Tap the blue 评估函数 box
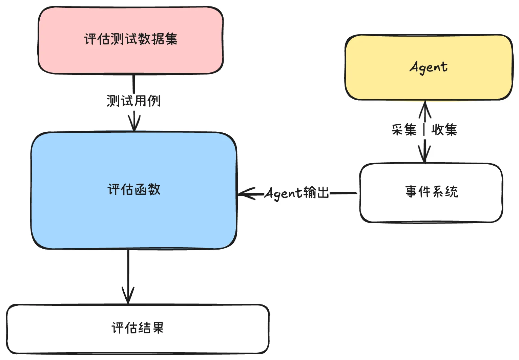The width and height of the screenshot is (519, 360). click(x=134, y=217)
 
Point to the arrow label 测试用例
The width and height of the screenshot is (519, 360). click(x=133, y=101)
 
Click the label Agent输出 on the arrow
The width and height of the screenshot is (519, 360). click(x=297, y=193)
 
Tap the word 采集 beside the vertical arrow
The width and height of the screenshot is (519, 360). click(x=404, y=130)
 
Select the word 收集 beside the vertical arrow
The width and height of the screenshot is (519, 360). click(x=444, y=130)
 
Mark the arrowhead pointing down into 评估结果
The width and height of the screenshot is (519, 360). click(x=128, y=298)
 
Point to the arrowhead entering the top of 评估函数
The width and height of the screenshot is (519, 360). click(x=134, y=125)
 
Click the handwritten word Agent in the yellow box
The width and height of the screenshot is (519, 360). click(x=429, y=67)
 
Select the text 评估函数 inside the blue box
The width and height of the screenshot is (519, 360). click(x=134, y=190)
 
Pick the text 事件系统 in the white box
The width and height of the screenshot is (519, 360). click(x=431, y=192)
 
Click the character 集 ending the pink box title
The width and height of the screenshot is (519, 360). click(x=171, y=39)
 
